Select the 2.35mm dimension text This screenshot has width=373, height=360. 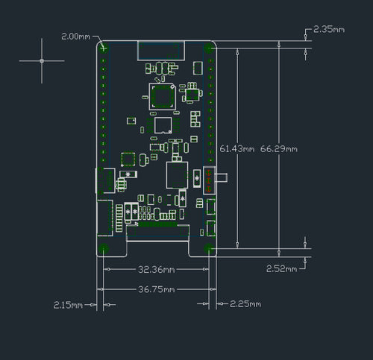click(x=328, y=29)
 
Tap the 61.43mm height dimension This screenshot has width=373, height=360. click(x=237, y=149)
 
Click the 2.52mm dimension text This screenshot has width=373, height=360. click(x=281, y=268)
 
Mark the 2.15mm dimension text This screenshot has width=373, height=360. click(x=68, y=305)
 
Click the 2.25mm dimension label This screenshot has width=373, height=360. click(x=245, y=304)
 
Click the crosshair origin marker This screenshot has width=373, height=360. click(x=42, y=60)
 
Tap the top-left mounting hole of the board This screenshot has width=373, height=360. click(x=104, y=49)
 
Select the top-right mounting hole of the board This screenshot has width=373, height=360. click(x=210, y=49)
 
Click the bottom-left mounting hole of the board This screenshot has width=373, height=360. click(x=104, y=248)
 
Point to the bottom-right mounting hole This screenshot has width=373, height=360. click(x=210, y=248)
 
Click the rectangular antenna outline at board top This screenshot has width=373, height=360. click(x=161, y=50)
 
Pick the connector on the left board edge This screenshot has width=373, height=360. click(x=102, y=181)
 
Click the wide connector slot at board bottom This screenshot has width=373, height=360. click(x=157, y=233)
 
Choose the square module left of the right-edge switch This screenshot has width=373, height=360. click(x=177, y=176)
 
